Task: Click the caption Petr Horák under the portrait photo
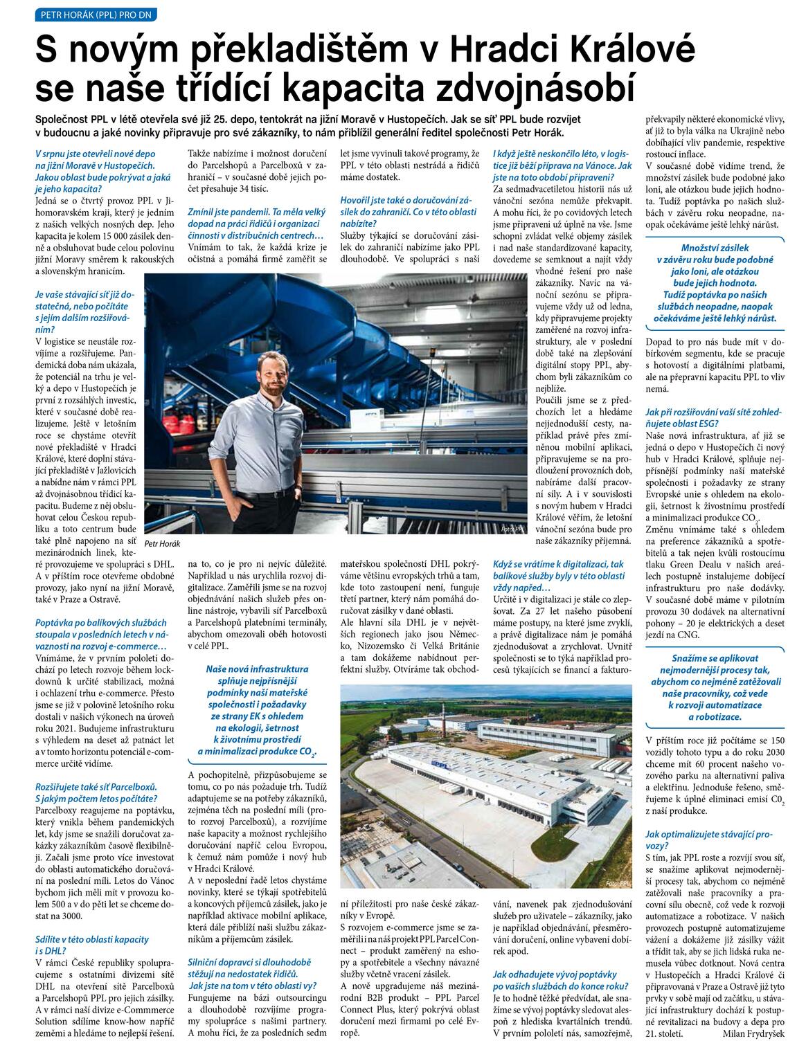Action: pos(163,543)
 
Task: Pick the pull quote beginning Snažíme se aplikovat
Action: pos(715,687)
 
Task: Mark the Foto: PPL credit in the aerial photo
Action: pos(618,883)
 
